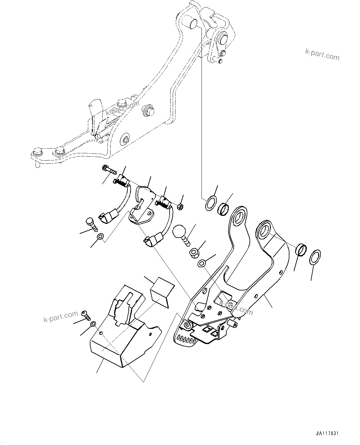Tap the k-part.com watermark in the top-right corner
[322, 55]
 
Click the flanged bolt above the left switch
[108, 169]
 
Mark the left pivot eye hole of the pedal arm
[239, 217]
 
